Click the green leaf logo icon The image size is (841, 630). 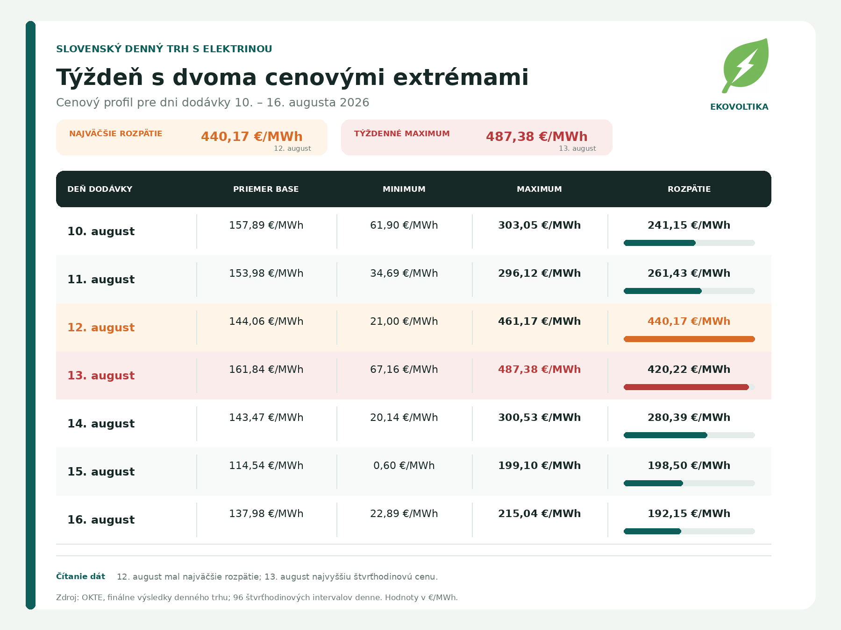[745, 65]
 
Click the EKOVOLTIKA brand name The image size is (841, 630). [739, 107]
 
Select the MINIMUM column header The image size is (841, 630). [404, 189]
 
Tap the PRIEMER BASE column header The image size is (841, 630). [266, 189]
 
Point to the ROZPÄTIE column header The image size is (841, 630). [689, 189]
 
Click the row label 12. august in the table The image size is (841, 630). [101, 328]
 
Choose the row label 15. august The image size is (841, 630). [101, 472]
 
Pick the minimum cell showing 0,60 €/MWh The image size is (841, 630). [404, 466]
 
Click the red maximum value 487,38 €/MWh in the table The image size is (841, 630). [539, 370]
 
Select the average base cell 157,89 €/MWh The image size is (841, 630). [266, 225]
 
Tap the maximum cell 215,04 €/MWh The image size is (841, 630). [539, 514]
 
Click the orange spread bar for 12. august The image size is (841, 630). [689, 339]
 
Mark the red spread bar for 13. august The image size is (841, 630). [686, 387]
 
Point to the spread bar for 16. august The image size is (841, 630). [653, 531]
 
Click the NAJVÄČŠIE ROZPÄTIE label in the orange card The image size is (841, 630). [116, 133]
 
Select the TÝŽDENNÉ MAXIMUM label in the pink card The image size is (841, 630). [402, 133]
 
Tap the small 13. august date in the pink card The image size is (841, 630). [577, 148]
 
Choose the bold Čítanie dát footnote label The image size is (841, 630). [80, 576]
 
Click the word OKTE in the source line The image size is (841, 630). [93, 597]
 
